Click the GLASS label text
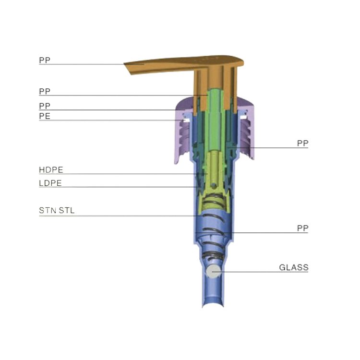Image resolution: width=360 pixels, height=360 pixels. [294, 267]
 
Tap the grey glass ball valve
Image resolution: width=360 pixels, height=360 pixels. [213, 271]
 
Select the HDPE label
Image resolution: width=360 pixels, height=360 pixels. [51, 170]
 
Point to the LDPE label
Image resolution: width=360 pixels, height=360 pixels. [50, 183]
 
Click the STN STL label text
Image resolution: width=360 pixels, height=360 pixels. [57, 211]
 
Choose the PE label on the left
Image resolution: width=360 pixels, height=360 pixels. [45, 116]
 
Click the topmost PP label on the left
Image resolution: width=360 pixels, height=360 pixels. [45, 60]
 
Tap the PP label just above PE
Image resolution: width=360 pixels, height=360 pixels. [45, 106]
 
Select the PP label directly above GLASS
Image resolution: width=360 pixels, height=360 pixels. [302, 228]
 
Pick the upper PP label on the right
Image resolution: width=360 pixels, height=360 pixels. [302, 143]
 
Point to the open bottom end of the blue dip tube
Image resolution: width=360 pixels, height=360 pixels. [213, 303]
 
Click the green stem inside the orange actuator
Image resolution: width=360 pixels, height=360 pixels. [215, 120]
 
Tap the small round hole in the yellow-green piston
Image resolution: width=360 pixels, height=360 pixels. [214, 185]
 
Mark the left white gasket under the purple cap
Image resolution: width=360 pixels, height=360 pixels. [186, 120]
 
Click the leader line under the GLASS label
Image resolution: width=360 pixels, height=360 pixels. [260, 272]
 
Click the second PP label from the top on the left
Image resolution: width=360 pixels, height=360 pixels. [45, 92]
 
